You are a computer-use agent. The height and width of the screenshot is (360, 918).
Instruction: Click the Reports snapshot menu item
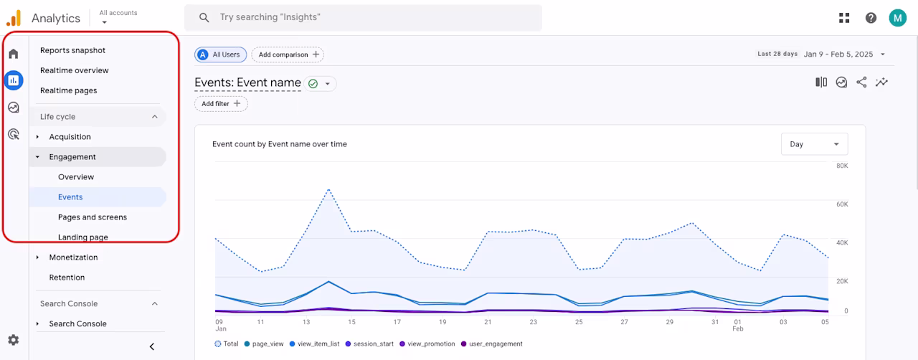(x=72, y=50)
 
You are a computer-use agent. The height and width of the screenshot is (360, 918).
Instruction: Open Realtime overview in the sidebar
(x=74, y=70)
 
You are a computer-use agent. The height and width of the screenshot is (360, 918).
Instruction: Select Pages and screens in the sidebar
(x=93, y=217)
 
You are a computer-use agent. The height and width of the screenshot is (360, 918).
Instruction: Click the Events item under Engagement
(x=70, y=196)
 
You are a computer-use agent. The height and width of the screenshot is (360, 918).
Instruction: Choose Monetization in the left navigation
(x=73, y=257)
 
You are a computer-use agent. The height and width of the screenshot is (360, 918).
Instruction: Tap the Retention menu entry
(x=67, y=278)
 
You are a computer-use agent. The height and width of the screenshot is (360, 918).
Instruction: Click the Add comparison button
(x=288, y=55)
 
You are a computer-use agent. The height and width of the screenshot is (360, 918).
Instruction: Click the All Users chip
(x=220, y=55)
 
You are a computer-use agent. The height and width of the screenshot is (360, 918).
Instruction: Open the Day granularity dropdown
(x=814, y=144)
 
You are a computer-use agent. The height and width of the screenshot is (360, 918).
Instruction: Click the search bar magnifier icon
(x=204, y=17)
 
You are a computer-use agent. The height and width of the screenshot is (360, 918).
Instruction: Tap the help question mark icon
(x=871, y=18)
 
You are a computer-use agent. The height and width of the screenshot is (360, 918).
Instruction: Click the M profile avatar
(x=897, y=18)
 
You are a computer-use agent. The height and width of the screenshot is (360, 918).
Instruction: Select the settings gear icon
(x=14, y=340)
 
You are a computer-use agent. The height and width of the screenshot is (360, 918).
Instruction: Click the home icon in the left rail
(x=14, y=54)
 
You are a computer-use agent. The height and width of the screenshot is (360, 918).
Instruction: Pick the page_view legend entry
(x=264, y=344)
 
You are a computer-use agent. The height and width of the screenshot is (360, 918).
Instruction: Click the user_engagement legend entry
(x=492, y=344)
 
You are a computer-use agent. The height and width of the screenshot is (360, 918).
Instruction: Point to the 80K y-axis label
(x=842, y=166)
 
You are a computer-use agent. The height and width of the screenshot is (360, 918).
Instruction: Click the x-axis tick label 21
(x=488, y=322)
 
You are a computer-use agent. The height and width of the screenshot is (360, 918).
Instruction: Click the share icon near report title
(x=861, y=82)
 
